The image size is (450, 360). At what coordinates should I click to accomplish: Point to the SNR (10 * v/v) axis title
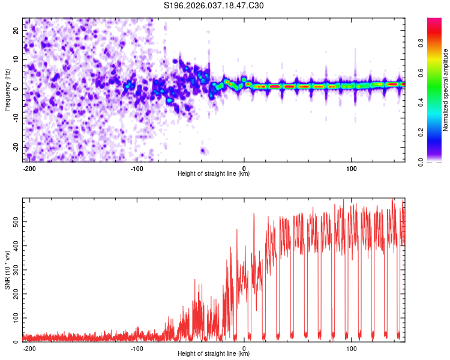point(7,269)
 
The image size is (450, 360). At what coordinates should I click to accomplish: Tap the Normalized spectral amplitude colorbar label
point(446,90)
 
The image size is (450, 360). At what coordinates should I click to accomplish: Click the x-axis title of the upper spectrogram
point(214,174)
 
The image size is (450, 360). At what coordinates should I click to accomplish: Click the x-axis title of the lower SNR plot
point(214,354)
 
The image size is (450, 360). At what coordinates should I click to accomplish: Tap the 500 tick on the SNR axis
point(14,221)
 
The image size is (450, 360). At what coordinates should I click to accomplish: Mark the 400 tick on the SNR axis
point(14,245)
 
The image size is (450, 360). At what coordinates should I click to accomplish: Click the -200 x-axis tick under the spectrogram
point(29,167)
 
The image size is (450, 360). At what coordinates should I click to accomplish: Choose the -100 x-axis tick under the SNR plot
point(136,347)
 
